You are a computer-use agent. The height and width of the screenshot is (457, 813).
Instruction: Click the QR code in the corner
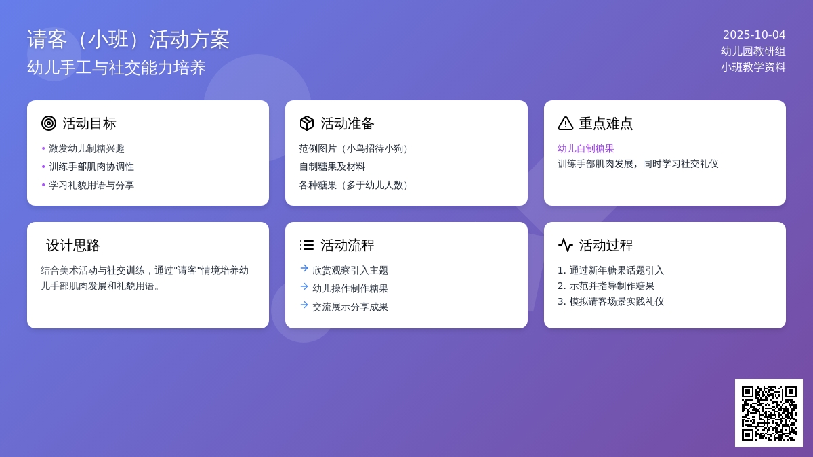click(769, 413)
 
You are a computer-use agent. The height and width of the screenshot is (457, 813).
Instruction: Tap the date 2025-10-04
click(754, 35)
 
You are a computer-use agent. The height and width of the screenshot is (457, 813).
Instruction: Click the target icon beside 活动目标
click(49, 123)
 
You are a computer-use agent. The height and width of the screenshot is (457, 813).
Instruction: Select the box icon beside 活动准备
click(307, 123)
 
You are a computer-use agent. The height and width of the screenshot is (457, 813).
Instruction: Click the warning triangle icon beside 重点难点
click(566, 123)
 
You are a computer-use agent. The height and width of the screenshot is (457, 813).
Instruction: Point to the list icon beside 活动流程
click(307, 245)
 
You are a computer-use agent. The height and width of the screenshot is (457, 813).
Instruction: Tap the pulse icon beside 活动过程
click(566, 245)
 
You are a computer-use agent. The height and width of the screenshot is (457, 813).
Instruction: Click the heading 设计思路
click(73, 246)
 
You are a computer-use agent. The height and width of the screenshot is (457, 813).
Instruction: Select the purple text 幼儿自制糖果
click(586, 148)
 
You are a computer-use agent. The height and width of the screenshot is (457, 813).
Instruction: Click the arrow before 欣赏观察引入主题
click(304, 268)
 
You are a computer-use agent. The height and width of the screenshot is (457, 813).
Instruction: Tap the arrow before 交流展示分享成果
click(304, 305)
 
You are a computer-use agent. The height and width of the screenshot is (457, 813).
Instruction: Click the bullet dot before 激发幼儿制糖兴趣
click(43, 148)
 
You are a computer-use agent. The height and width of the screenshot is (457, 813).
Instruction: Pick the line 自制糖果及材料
click(332, 167)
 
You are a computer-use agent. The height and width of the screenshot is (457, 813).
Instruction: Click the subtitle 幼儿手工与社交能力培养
click(117, 68)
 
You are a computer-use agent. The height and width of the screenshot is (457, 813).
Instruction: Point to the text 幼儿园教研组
click(753, 51)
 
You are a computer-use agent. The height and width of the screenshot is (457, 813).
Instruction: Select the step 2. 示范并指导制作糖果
click(606, 286)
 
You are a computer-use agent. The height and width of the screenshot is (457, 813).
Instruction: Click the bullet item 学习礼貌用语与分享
click(91, 185)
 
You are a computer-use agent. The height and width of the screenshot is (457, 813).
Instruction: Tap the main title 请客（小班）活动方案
click(128, 39)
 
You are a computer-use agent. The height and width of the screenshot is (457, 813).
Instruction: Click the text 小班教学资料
click(753, 67)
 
